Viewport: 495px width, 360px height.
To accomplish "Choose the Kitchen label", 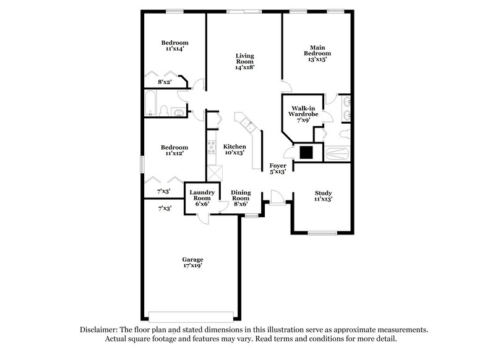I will (x=235, y=147).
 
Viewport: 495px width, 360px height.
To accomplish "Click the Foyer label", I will (x=277, y=166).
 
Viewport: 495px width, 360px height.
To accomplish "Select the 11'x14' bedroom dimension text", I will (x=174, y=50).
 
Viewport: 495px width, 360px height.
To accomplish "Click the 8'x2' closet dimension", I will (x=164, y=81).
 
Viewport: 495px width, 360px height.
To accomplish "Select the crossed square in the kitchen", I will (x=214, y=173).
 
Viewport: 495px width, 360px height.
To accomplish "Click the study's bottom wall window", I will (x=322, y=233).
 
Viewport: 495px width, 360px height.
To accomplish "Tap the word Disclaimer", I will (x=98, y=330).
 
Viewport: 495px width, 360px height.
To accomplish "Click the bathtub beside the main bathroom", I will (x=338, y=153).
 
